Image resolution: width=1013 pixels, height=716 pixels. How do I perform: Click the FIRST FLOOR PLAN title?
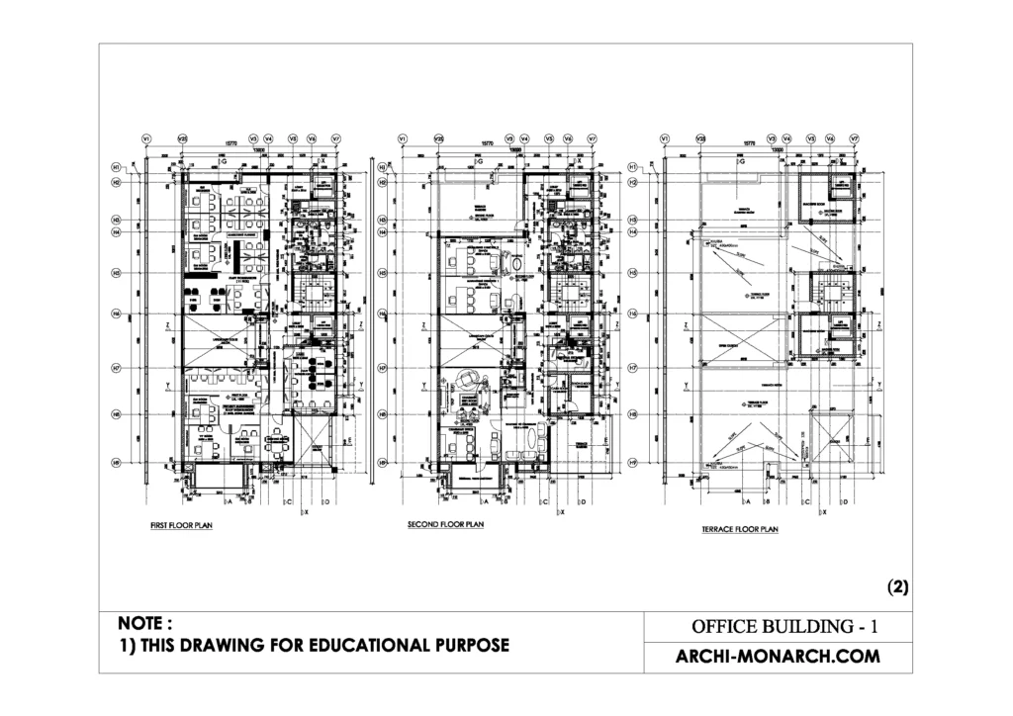click(175, 526)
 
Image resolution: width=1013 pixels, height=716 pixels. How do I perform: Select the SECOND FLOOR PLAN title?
click(445, 525)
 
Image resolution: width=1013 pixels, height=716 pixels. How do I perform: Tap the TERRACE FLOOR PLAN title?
click(740, 530)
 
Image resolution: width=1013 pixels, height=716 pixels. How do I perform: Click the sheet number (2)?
click(897, 586)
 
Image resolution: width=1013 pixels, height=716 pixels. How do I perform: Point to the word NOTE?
click(145, 624)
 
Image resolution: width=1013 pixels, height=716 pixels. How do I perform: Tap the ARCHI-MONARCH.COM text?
click(777, 657)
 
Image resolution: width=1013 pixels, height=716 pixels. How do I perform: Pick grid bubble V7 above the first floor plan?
click(335, 139)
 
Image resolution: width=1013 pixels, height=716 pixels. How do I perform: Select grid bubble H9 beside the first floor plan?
click(116, 461)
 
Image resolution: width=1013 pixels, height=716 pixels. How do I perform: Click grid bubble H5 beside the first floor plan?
click(116, 272)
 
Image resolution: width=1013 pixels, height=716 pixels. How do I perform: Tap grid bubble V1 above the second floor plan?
click(402, 139)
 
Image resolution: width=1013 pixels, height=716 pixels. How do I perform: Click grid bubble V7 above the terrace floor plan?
click(854, 139)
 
